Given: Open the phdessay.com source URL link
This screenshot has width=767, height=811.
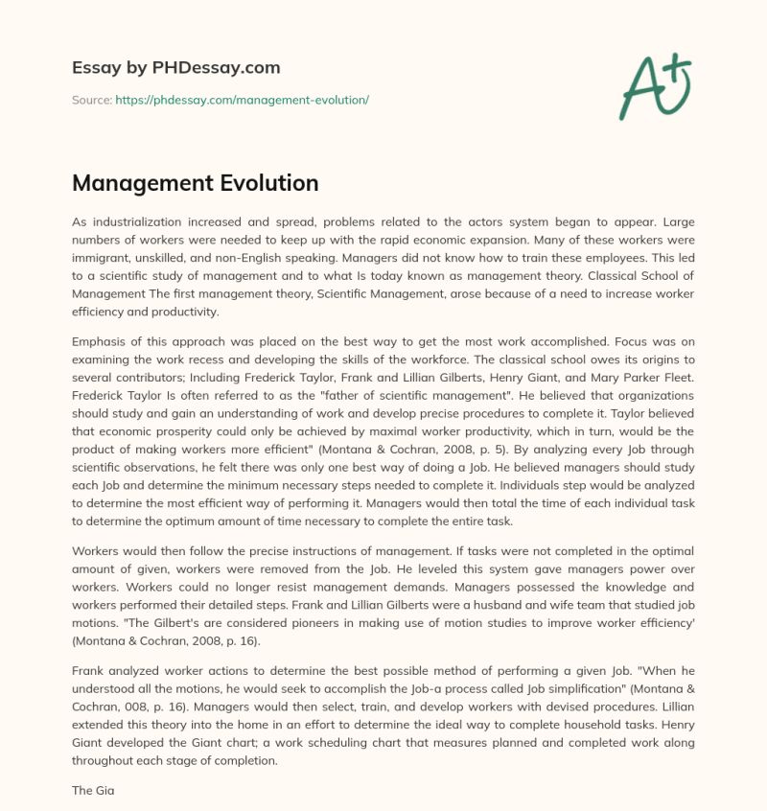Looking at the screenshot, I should [242, 100].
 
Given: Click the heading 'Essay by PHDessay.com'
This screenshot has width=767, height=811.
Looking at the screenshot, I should [176, 68].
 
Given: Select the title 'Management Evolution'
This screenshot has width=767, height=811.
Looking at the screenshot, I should [196, 182].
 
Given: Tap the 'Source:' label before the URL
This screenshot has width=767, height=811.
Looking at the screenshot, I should [92, 100].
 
